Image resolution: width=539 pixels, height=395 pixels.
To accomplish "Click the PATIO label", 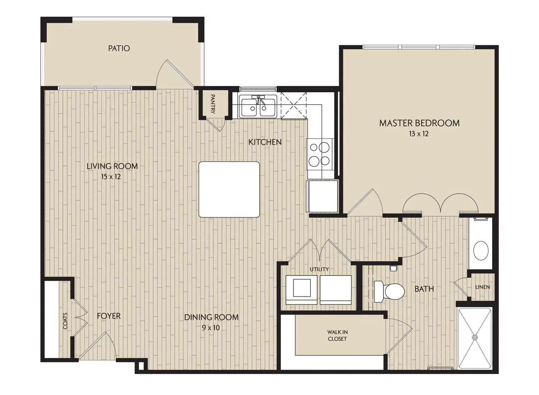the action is point(119,49).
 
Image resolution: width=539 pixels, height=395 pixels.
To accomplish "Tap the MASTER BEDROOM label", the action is point(419,123).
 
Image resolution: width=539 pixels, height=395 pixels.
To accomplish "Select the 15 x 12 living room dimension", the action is point(111,177).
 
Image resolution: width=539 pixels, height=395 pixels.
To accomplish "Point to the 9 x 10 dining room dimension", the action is point(211,328).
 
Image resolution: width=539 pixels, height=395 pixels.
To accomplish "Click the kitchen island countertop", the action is point(229,189).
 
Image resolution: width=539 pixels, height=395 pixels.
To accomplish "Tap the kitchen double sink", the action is point(258,108).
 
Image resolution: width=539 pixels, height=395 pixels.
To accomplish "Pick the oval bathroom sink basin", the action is point(481,250).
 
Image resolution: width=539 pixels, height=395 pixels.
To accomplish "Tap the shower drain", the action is point(475,337).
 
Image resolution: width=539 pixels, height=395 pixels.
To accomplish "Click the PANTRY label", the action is point(213,104).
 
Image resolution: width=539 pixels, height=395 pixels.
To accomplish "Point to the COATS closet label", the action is point(65,321).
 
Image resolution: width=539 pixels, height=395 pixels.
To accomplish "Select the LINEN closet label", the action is point(483,287).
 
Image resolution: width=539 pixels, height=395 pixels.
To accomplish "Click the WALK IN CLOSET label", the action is point(337,335).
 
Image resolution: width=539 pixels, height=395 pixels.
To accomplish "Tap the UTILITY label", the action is point(319,269).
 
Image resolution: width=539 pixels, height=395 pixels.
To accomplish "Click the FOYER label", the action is point(109,316).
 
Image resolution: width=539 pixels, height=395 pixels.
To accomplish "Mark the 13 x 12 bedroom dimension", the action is point(419,134).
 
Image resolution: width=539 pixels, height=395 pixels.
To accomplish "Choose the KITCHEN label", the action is point(265,142).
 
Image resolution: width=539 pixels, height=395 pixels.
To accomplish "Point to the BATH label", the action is point(424,289).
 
